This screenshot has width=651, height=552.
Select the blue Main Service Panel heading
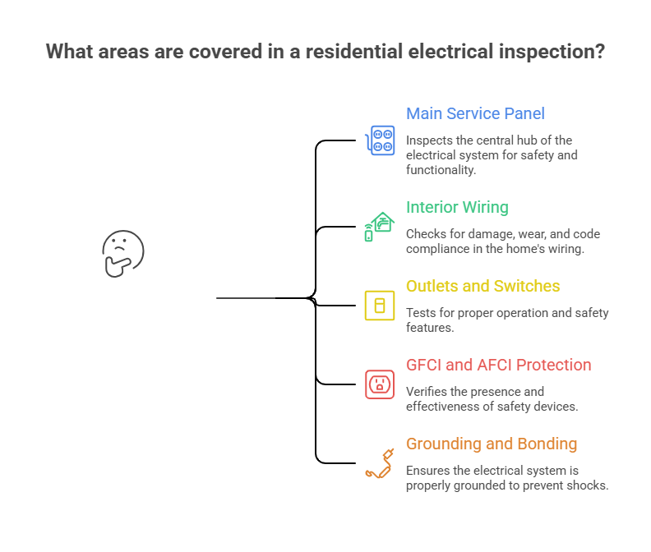coord(475,113)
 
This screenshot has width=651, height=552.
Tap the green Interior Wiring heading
coord(457,207)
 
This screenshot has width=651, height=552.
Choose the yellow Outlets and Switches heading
coord(482,286)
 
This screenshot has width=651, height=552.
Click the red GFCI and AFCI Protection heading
coord(498,365)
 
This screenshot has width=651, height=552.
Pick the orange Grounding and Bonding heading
coord(491,444)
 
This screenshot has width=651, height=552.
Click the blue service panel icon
coord(380,140)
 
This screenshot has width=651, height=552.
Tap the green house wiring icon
coord(380,227)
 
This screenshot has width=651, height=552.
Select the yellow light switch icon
coord(380,306)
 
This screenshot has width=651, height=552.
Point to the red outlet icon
coord(380,384)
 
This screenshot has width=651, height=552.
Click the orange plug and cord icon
coord(380,462)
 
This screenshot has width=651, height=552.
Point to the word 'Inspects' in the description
coord(430,140)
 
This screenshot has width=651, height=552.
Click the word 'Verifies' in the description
coord(428,392)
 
